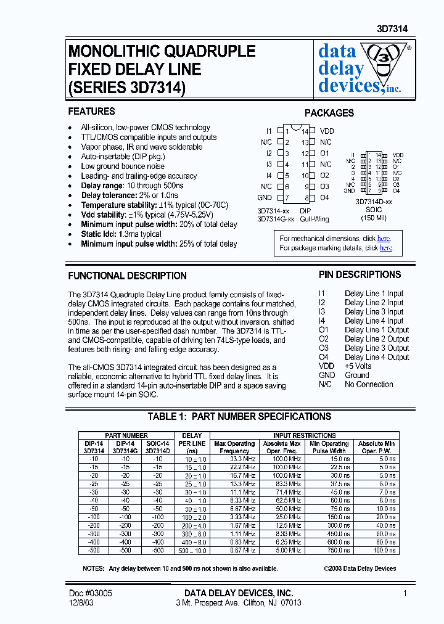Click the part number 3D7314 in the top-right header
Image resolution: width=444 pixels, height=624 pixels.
click(x=392, y=29)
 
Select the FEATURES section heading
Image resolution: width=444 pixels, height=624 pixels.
click(x=91, y=112)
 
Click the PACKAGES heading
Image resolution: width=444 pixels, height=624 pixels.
click(x=329, y=113)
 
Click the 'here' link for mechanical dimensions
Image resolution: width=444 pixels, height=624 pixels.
click(x=384, y=239)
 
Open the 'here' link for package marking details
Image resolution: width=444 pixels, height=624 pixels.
click(x=386, y=248)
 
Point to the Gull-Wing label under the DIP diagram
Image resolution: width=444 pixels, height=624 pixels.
click(x=314, y=219)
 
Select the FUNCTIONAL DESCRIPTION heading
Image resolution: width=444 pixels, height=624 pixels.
click(x=127, y=276)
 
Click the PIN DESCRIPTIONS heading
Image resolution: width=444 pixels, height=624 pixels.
click(x=360, y=274)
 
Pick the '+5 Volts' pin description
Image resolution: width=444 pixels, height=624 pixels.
click(x=358, y=366)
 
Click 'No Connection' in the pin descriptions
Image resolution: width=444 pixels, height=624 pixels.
click(x=369, y=384)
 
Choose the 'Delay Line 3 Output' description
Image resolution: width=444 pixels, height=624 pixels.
click(x=377, y=348)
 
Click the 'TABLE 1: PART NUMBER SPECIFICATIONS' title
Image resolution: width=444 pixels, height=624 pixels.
click(x=239, y=416)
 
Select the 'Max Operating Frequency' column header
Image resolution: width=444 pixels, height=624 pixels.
click(x=234, y=447)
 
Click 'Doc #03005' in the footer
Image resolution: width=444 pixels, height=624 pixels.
click(x=90, y=593)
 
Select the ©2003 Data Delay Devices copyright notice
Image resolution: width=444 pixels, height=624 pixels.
click(x=360, y=569)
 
